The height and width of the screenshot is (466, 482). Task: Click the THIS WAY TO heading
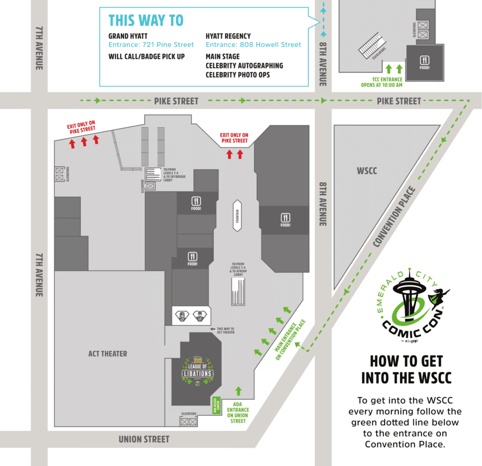pos(146,20)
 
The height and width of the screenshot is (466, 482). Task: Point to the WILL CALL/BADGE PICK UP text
pos(147,56)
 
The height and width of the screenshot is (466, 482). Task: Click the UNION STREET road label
pos(144,439)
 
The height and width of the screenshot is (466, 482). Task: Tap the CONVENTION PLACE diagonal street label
pos(394,217)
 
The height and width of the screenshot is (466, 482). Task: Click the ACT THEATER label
pos(107,354)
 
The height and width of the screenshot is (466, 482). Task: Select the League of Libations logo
pos(197,372)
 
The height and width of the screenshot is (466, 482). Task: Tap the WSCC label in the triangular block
pos(367,171)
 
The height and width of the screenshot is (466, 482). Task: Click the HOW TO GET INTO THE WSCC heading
pos(406,369)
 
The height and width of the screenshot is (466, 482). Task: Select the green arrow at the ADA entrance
pos(239,390)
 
